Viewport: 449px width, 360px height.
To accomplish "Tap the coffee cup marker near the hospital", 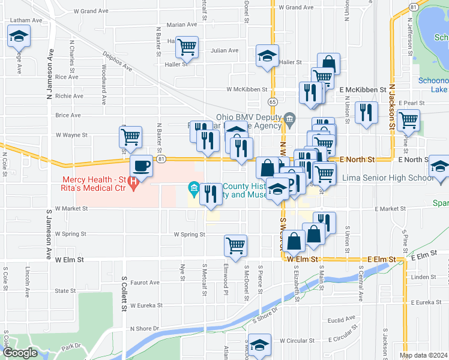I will point(142,166).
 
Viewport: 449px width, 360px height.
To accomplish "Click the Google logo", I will point(20,353).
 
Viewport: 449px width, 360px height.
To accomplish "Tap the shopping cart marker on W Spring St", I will point(235,244).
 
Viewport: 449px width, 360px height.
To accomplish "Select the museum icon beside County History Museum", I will point(194,190).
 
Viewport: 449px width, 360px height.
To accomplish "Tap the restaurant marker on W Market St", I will point(211,194).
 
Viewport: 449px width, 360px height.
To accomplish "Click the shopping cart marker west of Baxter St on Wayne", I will point(130,137).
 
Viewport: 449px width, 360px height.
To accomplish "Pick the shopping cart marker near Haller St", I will point(187,46).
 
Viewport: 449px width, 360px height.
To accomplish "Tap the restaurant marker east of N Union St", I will point(366,112).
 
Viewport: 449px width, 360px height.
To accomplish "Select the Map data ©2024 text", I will point(423,355).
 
